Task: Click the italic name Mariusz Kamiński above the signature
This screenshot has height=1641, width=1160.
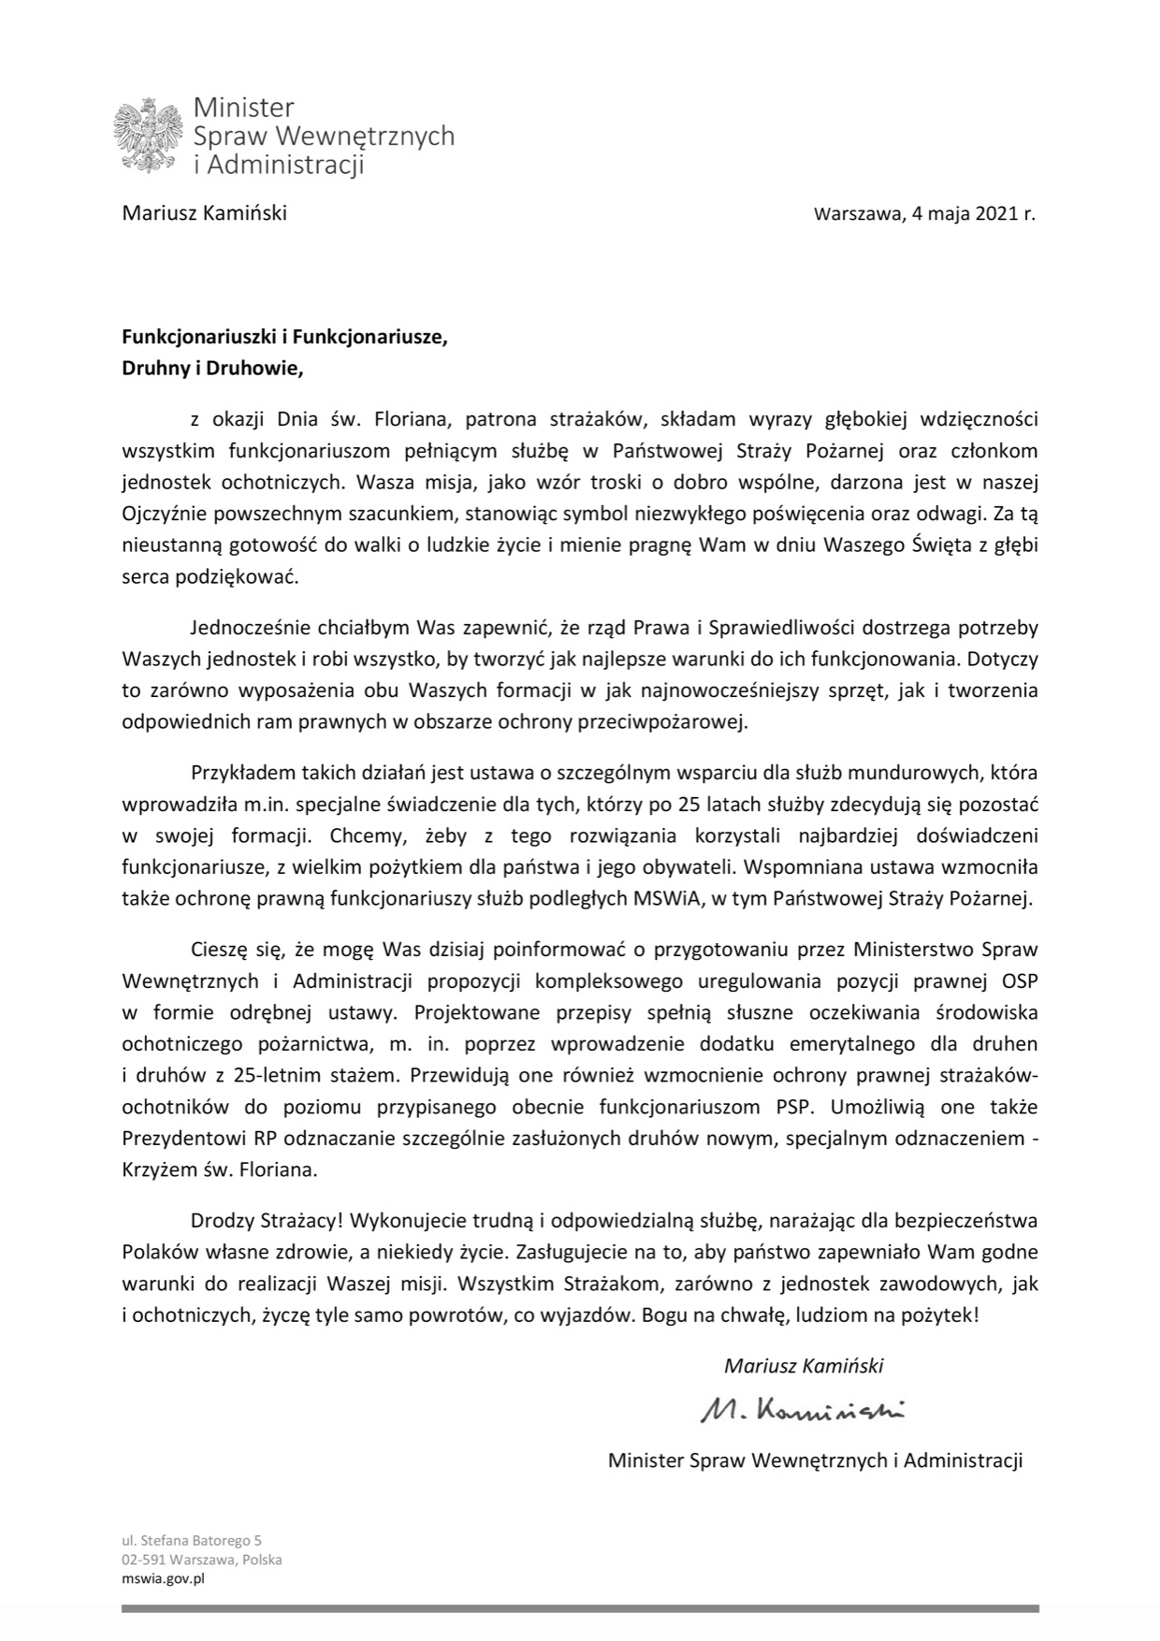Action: pos(803,1365)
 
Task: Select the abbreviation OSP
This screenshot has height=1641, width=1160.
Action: pos(1018,980)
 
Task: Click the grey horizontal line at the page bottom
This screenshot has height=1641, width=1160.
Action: pos(580,1609)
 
